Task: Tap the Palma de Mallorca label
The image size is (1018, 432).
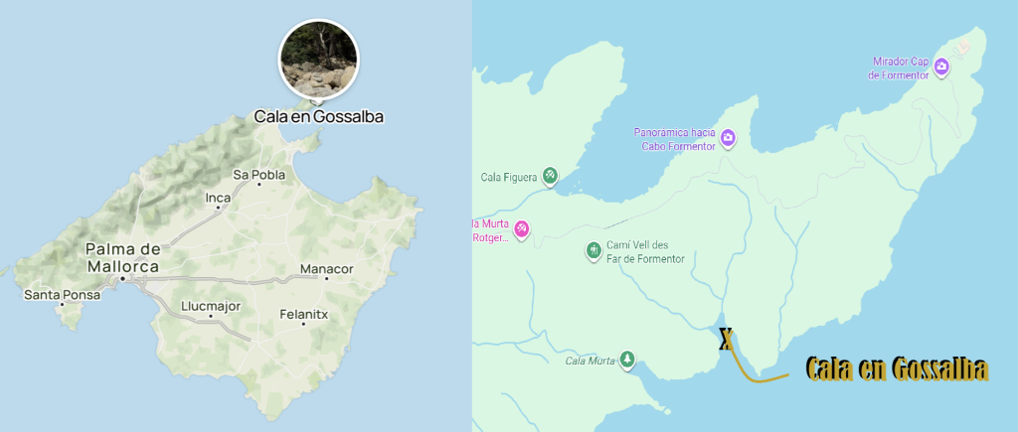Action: (122, 257)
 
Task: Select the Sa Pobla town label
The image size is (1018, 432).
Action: (259, 175)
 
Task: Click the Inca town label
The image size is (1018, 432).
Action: (218, 198)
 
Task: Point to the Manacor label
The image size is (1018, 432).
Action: (327, 268)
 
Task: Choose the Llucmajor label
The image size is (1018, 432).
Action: (212, 306)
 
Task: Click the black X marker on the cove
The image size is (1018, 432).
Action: (727, 341)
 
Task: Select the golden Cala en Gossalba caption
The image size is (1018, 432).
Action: (897, 368)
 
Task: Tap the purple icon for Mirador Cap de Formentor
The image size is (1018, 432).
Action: (940, 68)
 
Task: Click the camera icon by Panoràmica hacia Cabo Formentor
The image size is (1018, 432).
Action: (728, 138)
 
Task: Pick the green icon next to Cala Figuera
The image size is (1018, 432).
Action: (549, 177)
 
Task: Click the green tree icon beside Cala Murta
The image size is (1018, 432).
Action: (626, 360)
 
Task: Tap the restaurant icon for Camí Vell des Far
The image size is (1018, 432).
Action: (594, 250)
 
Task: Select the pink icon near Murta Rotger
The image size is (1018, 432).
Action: (521, 230)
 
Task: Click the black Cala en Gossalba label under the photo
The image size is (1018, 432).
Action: (318, 116)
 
